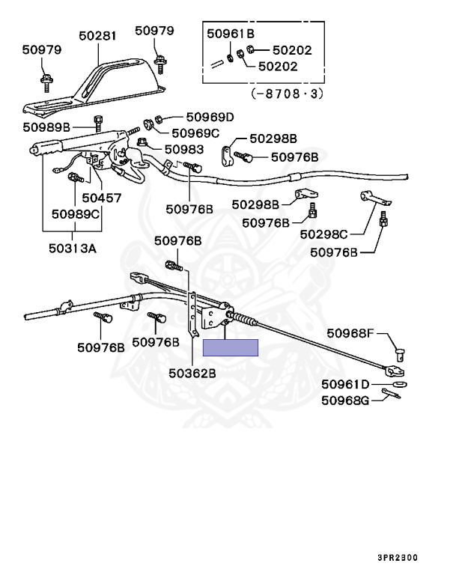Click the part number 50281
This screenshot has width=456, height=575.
pyautogui.click(x=97, y=36)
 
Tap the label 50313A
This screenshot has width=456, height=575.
pyautogui.click(x=73, y=249)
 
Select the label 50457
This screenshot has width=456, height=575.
pyautogui.click(x=101, y=198)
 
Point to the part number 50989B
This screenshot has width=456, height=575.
pyautogui.click(x=46, y=127)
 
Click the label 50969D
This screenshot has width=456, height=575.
pyautogui.click(x=210, y=117)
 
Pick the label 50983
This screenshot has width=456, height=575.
pyautogui.click(x=184, y=149)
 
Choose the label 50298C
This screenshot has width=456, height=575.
pyautogui.click(x=323, y=234)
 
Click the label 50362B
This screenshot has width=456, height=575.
pyautogui.click(x=192, y=373)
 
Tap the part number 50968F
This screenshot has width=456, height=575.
pyautogui.click(x=350, y=333)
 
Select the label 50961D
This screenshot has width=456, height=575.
pyautogui.click(x=345, y=384)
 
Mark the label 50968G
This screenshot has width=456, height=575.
pyautogui.click(x=345, y=401)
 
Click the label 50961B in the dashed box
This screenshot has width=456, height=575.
pyautogui.click(x=231, y=34)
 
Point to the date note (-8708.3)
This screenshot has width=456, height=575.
pyautogui.click(x=288, y=94)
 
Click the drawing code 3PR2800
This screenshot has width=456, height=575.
pyautogui.click(x=398, y=557)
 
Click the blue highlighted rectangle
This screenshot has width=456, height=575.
pyautogui.click(x=231, y=347)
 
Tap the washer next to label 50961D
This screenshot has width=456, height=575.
pyautogui.click(x=400, y=384)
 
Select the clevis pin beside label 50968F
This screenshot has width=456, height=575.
pyautogui.click(x=401, y=355)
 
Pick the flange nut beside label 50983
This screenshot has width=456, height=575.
pyautogui.click(x=142, y=142)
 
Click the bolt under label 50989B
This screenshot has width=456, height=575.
pyautogui.click(x=98, y=124)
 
